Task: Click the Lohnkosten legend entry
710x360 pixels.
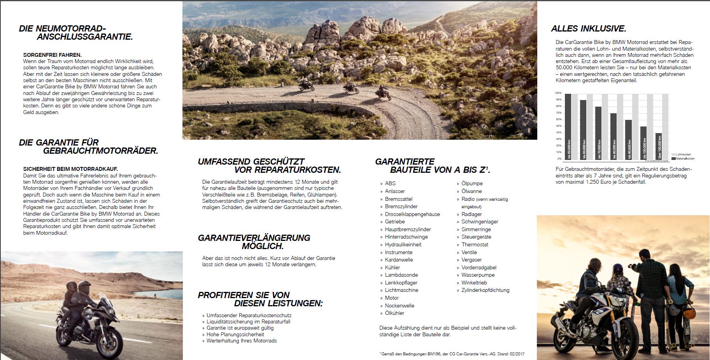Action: (x=683, y=155)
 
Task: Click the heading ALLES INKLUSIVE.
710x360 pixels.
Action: (x=588, y=29)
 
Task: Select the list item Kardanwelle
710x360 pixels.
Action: (x=399, y=260)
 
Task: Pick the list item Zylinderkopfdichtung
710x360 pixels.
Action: (x=485, y=290)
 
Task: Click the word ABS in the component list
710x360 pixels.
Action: (x=390, y=184)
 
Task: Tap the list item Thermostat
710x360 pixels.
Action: (x=475, y=245)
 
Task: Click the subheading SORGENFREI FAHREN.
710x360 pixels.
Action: (x=52, y=55)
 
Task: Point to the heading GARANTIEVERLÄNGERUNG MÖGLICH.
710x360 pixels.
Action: (x=254, y=242)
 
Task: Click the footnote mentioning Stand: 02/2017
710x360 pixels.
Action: (x=451, y=353)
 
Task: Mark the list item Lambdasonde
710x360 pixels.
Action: (x=401, y=275)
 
